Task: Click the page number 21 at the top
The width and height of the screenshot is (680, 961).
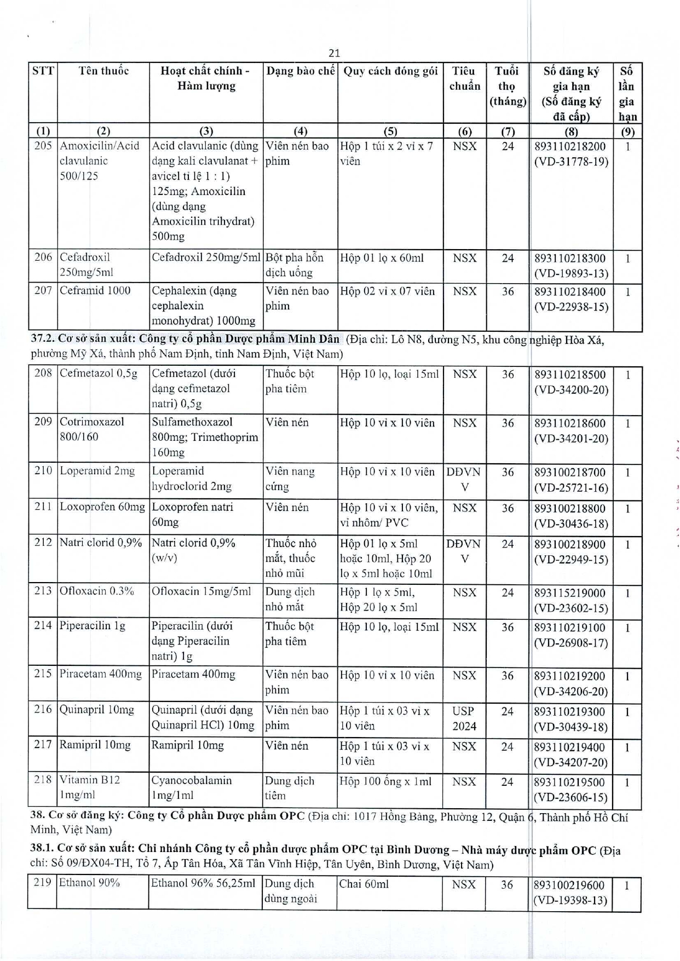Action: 335,53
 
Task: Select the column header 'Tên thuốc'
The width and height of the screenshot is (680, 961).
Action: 103,71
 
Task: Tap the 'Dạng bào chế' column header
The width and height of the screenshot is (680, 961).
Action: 300,71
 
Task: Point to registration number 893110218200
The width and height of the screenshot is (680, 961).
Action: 570,147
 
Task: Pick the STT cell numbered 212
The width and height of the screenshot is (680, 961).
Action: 43,543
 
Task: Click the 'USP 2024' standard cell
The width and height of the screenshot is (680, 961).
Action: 464,718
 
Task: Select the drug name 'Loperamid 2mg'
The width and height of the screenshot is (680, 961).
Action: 97,471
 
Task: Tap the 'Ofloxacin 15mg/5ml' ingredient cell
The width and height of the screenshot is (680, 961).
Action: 201,591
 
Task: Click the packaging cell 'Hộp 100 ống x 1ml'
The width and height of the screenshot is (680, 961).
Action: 385,781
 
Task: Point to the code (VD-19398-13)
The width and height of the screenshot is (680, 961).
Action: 570,901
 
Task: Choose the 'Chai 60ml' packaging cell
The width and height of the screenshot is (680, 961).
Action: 364,884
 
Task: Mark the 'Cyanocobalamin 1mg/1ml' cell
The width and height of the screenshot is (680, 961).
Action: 192,787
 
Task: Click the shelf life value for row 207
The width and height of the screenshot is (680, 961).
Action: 508,291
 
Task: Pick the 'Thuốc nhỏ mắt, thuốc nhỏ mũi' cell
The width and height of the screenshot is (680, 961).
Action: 291,558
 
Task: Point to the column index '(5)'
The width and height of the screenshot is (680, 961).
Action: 390,131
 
